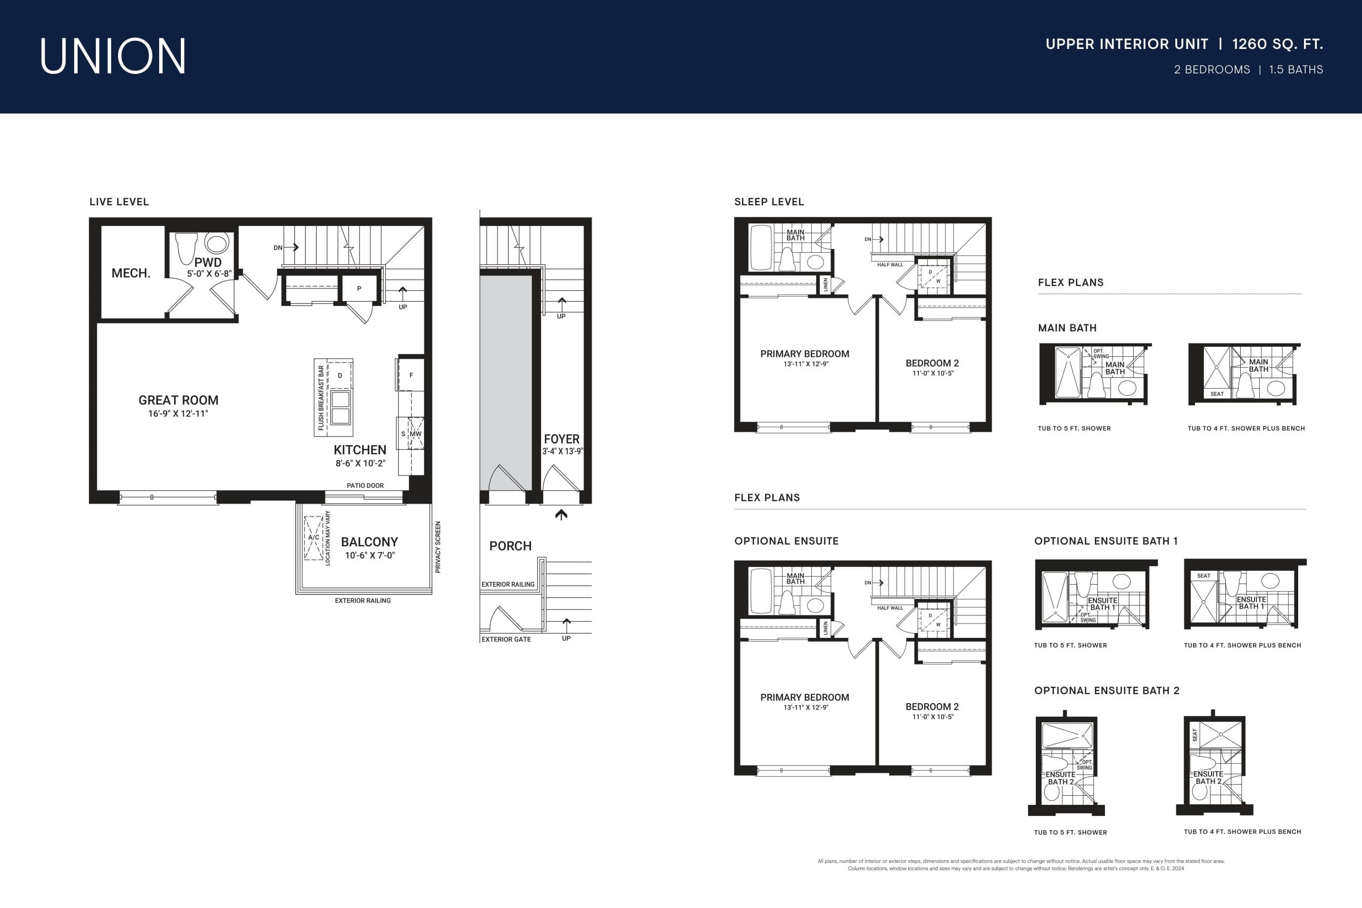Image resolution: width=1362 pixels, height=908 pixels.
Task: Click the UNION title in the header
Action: pyautogui.click(x=113, y=56)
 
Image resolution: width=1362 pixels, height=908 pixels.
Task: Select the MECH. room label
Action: pyautogui.click(x=131, y=273)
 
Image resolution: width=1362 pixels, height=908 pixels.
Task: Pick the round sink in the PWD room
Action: pyautogui.click(x=217, y=243)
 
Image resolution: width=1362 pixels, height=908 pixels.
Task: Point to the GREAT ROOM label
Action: pyautogui.click(x=178, y=400)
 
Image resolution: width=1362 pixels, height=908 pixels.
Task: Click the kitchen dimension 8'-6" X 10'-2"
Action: pyautogui.click(x=360, y=463)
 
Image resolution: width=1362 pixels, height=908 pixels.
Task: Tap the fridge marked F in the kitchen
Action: pyautogui.click(x=411, y=375)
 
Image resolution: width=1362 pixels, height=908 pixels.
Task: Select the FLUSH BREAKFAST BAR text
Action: pyautogui.click(x=321, y=397)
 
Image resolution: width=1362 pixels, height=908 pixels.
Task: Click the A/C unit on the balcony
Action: pyautogui.click(x=313, y=538)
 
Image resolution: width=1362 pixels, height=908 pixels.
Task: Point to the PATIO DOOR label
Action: pyautogui.click(x=365, y=485)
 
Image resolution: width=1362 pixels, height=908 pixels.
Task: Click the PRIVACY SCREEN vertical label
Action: pyautogui.click(x=438, y=547)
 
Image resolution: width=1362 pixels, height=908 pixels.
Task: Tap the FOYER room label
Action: pyautogui.click(x=561, y=439)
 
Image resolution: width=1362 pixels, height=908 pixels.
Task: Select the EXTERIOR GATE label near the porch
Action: pyautogui.click(x=505, y=639)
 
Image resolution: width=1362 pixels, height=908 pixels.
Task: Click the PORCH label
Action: pyautogui.click(x=510, y=546)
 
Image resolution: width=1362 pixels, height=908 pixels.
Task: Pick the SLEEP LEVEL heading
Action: pyautogui.click(x=769, y=202)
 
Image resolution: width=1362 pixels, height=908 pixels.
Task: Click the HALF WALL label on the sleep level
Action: pyautogui.click(x=890, y=265)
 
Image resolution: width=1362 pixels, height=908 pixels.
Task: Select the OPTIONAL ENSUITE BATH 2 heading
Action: pyautogui.click(x=1107, y=691)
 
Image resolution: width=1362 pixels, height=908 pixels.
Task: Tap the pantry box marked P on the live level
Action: pyautogui.click(x=359, y=288)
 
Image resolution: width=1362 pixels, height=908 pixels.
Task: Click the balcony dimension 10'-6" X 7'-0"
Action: pyautogui.click(x=369, y=555)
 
